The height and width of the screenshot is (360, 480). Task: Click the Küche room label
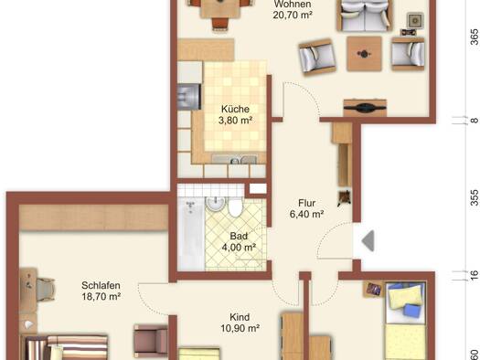pos(235,110)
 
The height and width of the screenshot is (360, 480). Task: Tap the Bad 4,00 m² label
pos(239,241)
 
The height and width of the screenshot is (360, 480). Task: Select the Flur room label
pos(306,203)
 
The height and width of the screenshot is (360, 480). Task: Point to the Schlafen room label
pos(101,285)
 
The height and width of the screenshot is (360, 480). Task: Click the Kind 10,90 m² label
pos(240,323)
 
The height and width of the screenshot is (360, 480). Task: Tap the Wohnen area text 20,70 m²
pos(293,15)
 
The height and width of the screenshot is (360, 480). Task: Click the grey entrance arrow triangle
pos(368,241)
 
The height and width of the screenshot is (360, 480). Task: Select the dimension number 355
pos(475,197)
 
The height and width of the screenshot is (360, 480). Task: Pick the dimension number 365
pos(475,37)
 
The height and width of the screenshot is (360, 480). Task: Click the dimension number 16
pos(475,275)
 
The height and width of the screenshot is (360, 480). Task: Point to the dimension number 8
pos(475,121)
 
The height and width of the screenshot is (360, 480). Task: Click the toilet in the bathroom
pos(235,207)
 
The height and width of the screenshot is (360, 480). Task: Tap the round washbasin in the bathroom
pos(216,204)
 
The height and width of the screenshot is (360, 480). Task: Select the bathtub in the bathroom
pos(191,234)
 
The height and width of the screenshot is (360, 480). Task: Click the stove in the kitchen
pos(189,97)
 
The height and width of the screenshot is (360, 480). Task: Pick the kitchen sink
pos(235,159)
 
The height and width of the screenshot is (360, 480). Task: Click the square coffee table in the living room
pos(364,54)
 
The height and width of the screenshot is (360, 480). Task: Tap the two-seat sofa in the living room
pos(364,16)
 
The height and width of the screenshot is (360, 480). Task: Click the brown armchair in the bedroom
pos(151,341)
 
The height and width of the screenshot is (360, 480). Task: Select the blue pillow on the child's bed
pos(411,310)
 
